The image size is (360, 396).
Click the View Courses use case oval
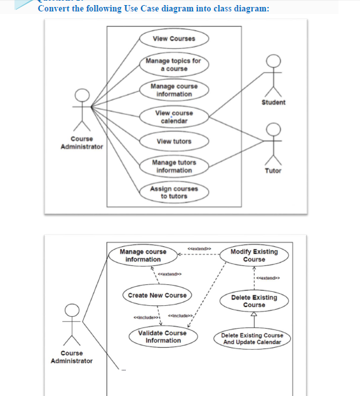174,39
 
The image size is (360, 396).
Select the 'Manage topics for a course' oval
173,65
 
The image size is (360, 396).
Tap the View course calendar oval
174,117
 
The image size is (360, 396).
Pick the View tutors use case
174,141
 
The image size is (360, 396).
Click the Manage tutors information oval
174,166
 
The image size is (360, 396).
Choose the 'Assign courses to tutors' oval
173,192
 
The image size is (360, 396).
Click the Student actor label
274,102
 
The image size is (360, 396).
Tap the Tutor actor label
273,171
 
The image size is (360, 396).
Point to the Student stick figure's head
274,60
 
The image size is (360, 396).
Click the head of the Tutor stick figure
274,129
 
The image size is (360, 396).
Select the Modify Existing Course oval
254,255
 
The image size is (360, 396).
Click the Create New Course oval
157,295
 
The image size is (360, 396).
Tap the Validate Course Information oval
163,336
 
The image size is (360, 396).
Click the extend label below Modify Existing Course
270,277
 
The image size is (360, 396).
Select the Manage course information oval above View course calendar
174,90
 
